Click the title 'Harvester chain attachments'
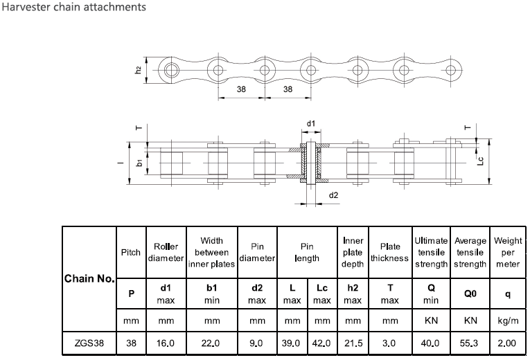[73, 8]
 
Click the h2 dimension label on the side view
[139, 70]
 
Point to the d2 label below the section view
[333, 196]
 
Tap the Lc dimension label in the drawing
[481, 160]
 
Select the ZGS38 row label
[89, 343]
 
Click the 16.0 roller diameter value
[166, 343]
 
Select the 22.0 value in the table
[212, 343]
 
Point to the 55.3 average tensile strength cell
[470, 343]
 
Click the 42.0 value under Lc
[321, 343]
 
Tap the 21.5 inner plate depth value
[353, 343]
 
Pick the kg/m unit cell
[508, 321]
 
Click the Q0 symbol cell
[470, 294]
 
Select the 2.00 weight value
[508, 343]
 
